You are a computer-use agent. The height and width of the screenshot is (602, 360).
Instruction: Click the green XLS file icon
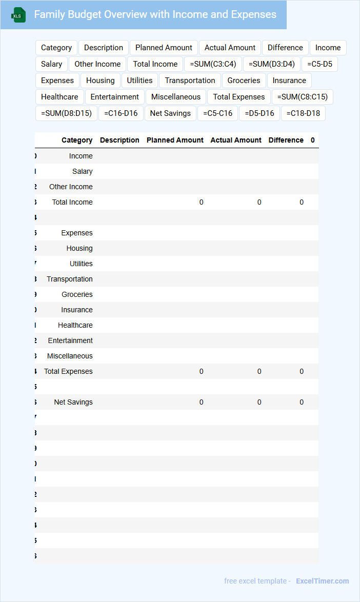[18, 15]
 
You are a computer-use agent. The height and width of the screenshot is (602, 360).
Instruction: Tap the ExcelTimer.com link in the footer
[322, 581]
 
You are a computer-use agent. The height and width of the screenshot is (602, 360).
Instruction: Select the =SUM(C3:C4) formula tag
[213, 64]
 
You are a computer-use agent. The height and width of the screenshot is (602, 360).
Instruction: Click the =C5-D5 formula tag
[319, 64]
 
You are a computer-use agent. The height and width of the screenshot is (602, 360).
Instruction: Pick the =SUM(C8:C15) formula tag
[302, 97]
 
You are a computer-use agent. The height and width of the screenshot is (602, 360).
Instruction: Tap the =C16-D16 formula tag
[121, 113]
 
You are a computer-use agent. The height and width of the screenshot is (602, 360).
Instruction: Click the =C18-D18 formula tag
[303, 113]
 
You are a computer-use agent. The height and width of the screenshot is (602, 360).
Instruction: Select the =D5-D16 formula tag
[259, 113]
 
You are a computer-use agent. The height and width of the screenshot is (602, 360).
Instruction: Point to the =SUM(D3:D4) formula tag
[271, 64]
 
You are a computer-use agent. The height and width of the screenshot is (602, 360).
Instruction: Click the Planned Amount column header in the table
[175, 140]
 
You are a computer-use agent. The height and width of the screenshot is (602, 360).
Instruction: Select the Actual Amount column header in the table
[236, 140]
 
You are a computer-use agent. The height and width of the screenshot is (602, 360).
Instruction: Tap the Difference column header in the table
[286, 140]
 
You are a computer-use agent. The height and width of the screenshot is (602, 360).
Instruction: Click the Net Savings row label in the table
[73, 402]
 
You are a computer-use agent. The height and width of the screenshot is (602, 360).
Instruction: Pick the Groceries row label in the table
[77, 294]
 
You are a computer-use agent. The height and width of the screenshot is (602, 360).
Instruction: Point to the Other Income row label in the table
[71, 187]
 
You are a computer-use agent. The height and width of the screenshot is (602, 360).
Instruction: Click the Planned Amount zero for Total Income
[201, 202]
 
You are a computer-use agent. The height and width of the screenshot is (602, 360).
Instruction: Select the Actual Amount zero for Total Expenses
[259, 371]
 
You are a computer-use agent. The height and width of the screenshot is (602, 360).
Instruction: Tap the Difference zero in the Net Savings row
[302, 402]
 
